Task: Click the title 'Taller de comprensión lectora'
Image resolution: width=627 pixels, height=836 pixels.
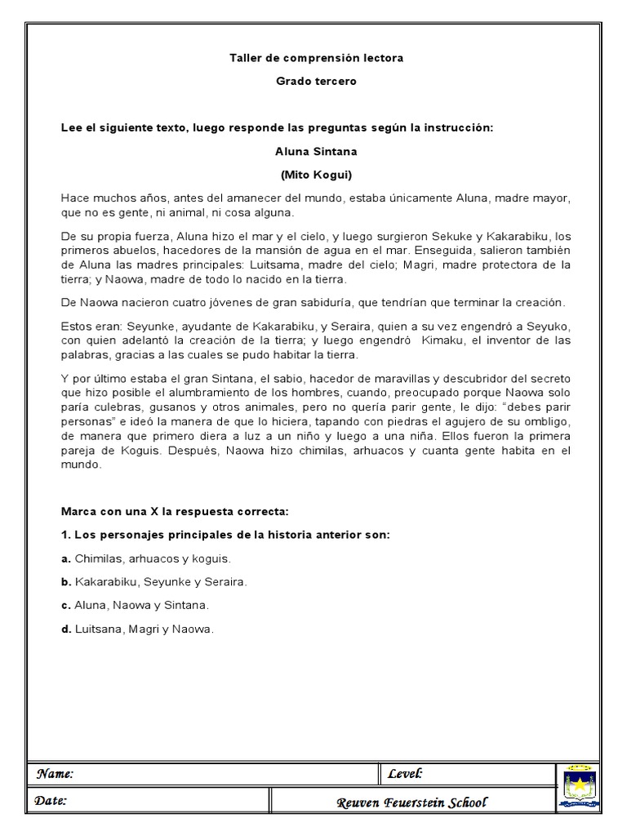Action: coord(316,58)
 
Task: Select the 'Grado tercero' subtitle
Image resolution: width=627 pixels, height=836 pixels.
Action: coord(316,81)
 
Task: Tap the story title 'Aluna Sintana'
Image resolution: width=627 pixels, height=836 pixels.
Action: coord(316,151)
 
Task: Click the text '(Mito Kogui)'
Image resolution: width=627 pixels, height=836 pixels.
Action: coord(316,175)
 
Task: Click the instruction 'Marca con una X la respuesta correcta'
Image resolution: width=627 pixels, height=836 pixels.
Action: coord(176,511)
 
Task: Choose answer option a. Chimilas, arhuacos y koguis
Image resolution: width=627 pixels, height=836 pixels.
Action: coord(147,559)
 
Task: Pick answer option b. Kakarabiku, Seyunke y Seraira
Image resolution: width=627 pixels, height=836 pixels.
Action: coord(154,582)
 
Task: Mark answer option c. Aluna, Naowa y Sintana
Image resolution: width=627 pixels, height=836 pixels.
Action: coord(136,606)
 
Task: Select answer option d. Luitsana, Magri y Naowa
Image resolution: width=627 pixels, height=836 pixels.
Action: coord(138,629)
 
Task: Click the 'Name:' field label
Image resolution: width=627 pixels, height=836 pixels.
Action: coord(54,774)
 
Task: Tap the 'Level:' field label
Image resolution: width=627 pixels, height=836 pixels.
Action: coord(405,774)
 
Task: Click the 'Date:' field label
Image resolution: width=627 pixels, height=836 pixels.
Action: coord(51,801)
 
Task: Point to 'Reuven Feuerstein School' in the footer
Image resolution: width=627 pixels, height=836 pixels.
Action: coord(411,803)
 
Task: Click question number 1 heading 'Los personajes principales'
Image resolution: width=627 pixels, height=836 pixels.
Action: coord(226,535)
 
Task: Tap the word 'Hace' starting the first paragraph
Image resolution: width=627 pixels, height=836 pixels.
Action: coord(74,198)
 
